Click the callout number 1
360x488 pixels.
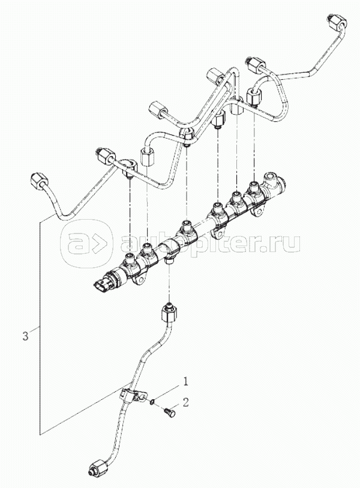(186, 381)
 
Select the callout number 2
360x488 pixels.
(186, 402)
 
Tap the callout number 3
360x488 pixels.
(25, 336)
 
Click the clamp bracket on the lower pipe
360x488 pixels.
(131, 396)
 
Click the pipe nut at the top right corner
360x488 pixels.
(337, 23)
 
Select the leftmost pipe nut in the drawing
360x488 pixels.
(38, 181)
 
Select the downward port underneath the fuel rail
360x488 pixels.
(170, 259)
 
